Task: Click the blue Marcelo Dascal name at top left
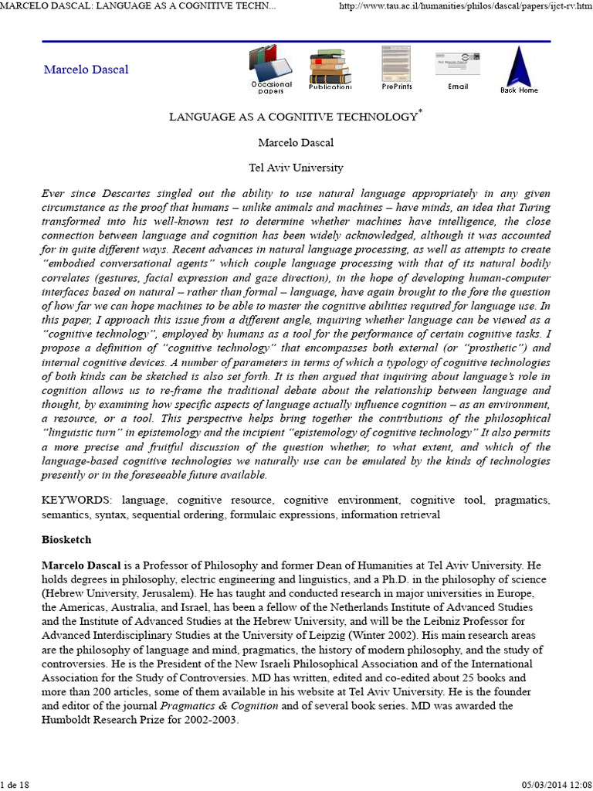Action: click(x=86, y=70)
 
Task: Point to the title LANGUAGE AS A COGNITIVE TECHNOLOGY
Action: click(x=293, y=117)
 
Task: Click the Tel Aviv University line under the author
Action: click(x=296, y=167)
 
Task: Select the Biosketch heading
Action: click(x=68, y=540)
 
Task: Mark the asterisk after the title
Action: click(x=421, y=113)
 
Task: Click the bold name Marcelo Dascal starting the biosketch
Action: click(x=84, y=565)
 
